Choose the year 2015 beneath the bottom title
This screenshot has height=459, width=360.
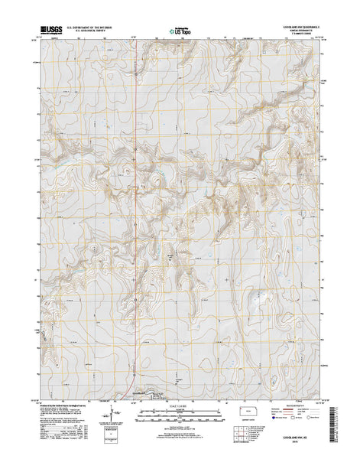pyautogui.click(x=306, y=451)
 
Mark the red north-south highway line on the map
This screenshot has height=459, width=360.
pyautogui.click(x=136, y=191)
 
